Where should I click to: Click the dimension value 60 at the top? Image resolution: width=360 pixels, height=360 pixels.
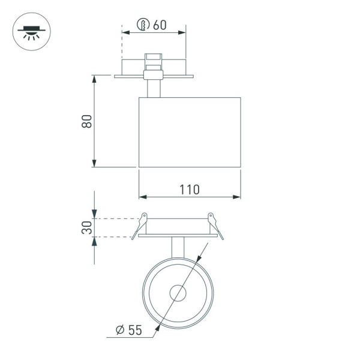[160, 25]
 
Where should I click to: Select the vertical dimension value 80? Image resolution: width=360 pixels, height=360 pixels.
[87, 121]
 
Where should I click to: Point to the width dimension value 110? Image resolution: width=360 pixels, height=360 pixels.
[189, 189]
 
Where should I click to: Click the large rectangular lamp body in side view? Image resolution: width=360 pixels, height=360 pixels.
[190, 132]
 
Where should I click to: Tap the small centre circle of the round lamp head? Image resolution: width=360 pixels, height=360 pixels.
[178, 293]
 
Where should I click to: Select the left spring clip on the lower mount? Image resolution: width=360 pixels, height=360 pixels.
[140, 224]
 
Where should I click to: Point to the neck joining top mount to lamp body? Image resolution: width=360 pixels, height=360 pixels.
[154, 88]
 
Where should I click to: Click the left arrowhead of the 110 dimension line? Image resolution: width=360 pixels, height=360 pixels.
[142, 197]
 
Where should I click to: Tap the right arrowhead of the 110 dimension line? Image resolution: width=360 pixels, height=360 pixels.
[237, 197]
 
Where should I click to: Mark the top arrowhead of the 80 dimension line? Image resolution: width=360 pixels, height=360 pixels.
[94, 79]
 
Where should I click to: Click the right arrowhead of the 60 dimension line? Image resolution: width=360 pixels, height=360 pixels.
[182, 34]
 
